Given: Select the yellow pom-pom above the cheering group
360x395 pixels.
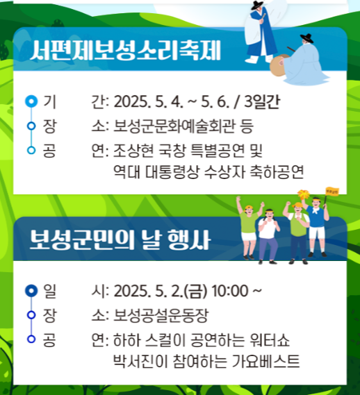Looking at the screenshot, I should point(303,194).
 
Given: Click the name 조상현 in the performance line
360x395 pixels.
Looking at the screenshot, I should point(130,149).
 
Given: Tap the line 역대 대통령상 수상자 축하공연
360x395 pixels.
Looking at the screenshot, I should point(208,171).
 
